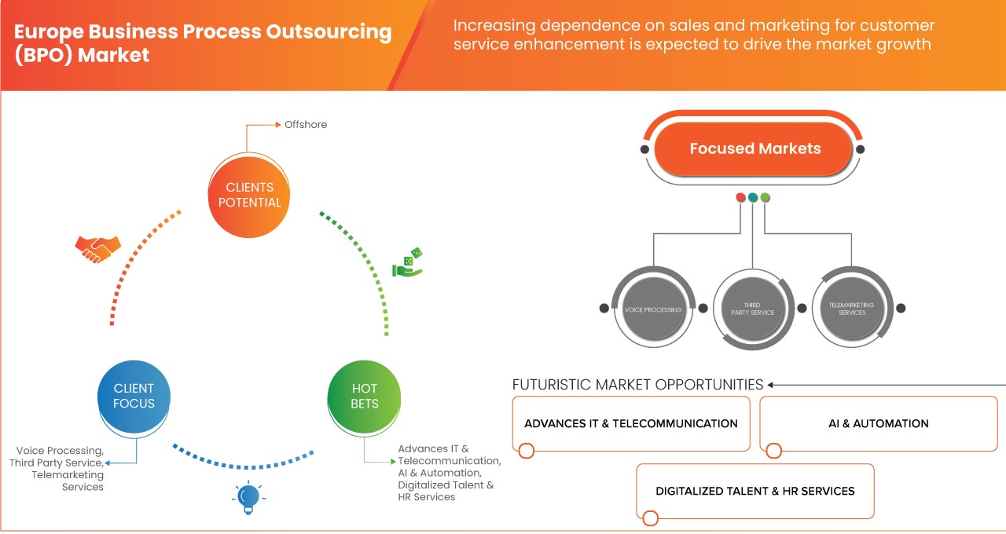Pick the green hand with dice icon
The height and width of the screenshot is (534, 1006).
coord(409,263)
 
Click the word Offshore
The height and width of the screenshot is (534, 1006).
coord(306,125)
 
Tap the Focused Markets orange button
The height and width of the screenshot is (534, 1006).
coord(754,148)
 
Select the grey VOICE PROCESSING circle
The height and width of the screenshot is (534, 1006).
coord(653,309)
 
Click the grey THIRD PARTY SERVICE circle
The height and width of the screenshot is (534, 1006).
coord(752,309)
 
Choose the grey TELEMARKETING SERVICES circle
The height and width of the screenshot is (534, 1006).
coord(851,309)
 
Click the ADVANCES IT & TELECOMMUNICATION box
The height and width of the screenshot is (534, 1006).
coord(630,423)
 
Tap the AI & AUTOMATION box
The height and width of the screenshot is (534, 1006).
coord(878,423)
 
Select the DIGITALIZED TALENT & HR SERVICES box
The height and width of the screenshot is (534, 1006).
coord(754,491)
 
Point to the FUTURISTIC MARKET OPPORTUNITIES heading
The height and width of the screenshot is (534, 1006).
coord(637,385)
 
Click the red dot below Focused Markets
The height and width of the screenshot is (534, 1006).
coord(740,197)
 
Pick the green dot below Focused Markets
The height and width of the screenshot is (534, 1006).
coord(766,197)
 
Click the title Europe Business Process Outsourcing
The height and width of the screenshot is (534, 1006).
coord(203,33)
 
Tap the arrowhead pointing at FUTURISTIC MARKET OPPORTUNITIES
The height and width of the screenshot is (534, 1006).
coord(771,385)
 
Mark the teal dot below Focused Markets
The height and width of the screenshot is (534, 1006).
coord(753,197)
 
